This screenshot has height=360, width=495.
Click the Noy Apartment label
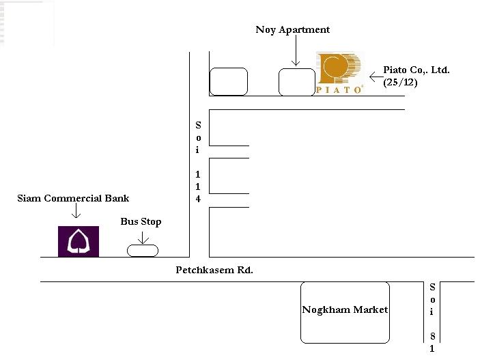click(x=293, y=29)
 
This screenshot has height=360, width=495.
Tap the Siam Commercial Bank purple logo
click(x=79, y=242)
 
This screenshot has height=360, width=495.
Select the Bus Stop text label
click(x=141, y=222)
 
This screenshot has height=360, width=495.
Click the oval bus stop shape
click(x=143, y=251)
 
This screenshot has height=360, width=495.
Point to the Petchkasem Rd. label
click(x=214, y=270)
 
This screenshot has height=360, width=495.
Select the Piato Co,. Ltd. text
click(x=416, y=70)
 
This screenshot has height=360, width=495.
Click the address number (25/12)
click(x=400, y=83)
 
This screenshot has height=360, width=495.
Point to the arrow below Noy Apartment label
click(x=296, y=51)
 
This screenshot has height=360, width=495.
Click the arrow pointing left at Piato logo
click(x=376, y=77)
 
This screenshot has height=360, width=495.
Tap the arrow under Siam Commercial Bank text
click(x=76, y=210)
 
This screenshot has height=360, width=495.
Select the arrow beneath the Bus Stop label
click(x=143, y=238)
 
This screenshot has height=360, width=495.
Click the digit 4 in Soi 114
click(x=198, y=199)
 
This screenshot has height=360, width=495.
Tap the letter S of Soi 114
click(x=198, y=126)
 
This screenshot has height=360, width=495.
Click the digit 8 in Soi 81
click(x=432, y=336)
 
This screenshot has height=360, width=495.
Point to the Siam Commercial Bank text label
click(x=73, y=198)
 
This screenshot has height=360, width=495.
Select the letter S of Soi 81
click(x=432, y=287)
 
